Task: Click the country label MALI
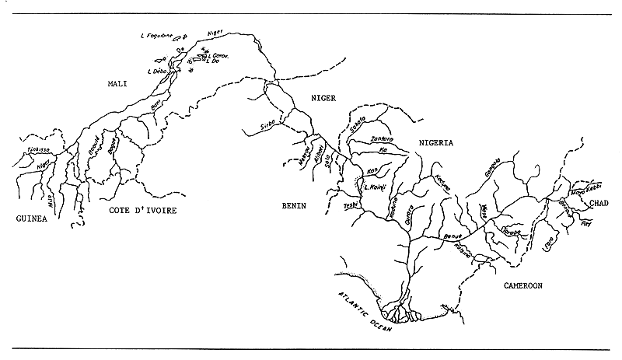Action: pos(121,82)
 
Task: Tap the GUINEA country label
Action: pos(32,219)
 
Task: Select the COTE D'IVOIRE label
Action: pos(138,211)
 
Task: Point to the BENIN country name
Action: pos(295,206)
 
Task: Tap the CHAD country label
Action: pos(599,203)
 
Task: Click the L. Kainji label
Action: pos(377,188)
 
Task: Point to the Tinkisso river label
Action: pos(38,149)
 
